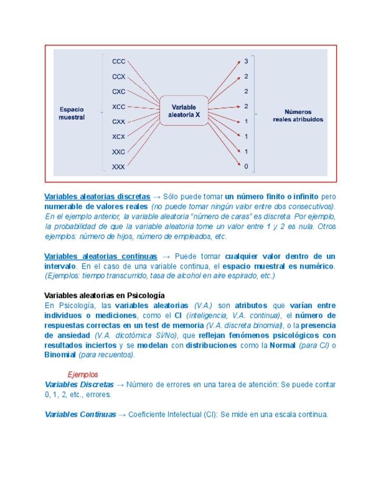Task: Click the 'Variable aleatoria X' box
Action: (184, 110)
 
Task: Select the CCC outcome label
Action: (119, 61)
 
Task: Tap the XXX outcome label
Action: (119, 167)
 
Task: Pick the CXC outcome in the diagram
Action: (119, 91)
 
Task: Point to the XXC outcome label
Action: (119, 152)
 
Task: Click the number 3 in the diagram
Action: (246, 61)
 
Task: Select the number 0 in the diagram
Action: (246, 167)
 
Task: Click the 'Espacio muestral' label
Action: (72, 113)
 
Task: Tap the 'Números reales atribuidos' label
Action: (298, 115)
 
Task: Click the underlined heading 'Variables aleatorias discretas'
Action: (97, 197)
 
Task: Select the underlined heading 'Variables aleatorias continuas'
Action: (101, 256)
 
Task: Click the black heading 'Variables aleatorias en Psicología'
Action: (104, 295)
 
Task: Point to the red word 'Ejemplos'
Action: (83, 375)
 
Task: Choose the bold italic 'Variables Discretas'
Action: (79, 384)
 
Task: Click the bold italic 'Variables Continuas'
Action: (80, 415)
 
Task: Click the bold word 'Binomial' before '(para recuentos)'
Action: (60, 355)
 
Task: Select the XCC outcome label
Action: (119, 106)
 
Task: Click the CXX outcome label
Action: (119, 122)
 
